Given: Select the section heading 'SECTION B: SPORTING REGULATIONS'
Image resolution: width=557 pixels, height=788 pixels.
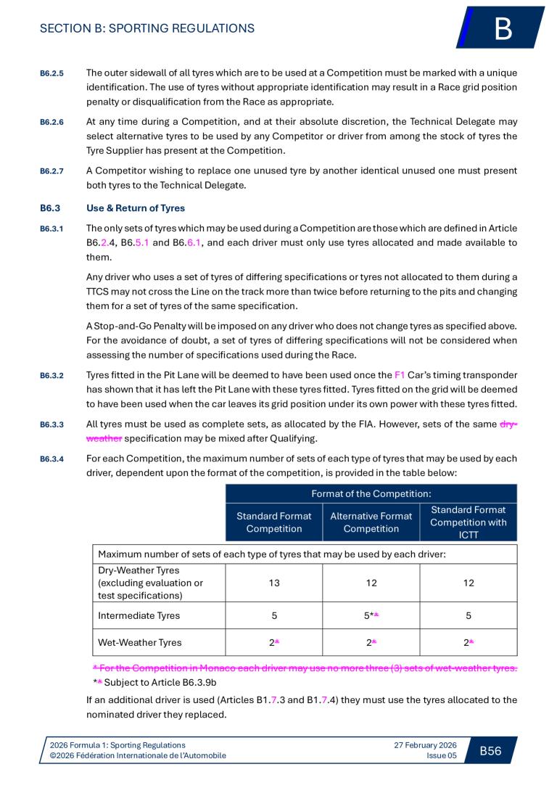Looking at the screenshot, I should (x=147, y=29).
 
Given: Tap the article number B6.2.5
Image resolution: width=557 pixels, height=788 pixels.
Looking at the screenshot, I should (x=51, y=74).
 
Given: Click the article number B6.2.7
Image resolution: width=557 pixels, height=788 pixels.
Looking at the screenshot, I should (x=51, y=171).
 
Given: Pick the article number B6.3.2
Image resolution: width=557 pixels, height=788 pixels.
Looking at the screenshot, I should (x=51, y=376).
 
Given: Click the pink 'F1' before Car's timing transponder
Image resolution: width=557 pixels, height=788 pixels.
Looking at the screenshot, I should (x=400, y=375).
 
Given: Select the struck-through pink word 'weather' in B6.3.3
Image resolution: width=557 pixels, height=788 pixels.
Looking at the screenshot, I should (x=104, y=438).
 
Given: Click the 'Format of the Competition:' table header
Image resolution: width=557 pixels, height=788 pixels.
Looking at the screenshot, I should (x=371, y=493).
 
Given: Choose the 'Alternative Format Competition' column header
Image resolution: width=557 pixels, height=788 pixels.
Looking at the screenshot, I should (x=371, y=522).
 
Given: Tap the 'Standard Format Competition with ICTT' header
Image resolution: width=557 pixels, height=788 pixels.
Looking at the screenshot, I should (x=469, y=522).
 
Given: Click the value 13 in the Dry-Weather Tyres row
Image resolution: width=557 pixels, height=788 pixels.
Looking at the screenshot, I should (x=273, y=583).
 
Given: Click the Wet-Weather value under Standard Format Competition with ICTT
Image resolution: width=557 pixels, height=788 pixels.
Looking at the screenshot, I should (x=469, y=642).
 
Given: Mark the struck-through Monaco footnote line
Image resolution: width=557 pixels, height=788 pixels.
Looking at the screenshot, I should (x=305, y=668).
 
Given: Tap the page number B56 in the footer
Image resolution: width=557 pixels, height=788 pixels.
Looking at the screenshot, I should (x=490, y=750).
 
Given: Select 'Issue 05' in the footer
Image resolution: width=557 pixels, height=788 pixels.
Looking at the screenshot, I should (x=442, y=755).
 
